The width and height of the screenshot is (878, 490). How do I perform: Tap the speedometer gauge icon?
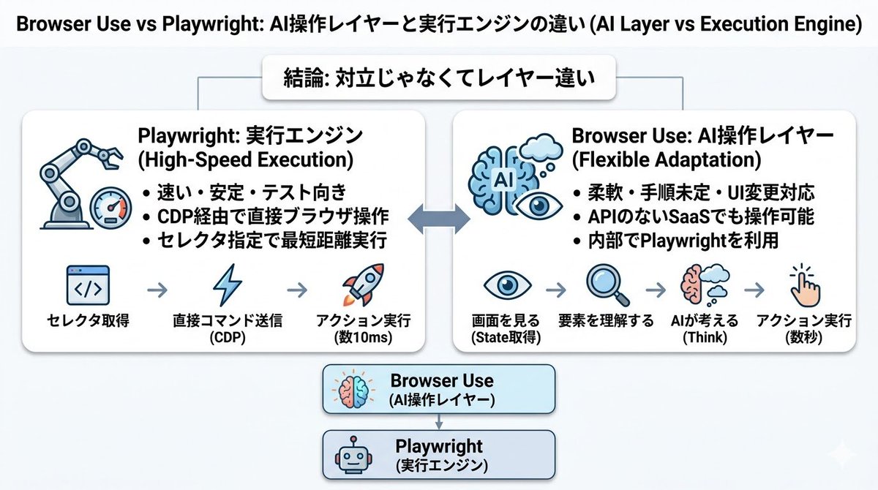pos(110,208)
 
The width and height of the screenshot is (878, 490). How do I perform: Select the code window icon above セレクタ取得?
pos(89,285)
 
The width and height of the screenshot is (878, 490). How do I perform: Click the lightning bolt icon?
pos(228,285)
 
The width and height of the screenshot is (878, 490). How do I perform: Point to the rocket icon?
pos(364,284)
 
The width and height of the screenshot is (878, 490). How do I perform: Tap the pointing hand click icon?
pos(804,285)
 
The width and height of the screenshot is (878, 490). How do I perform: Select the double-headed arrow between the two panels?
pos(439,219)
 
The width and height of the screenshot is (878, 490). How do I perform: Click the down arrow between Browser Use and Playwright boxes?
pos(439,421)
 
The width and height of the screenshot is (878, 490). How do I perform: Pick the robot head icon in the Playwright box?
pos(353,455)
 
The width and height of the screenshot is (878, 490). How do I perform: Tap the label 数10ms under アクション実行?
pos(364,337)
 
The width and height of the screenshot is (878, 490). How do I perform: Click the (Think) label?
pos(705,337)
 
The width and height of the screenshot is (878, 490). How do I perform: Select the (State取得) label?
pos(506,337)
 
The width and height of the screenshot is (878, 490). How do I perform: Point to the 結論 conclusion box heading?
pos(439,78)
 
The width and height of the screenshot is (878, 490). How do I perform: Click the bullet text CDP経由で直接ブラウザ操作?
pos(273,216)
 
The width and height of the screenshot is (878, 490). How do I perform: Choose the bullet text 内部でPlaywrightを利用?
pos(683,241)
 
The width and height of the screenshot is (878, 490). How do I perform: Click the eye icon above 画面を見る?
pos(508,284)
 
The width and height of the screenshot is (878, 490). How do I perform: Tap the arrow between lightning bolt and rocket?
pos(297,290)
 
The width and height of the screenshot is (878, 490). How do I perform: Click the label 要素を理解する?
pos(606,321)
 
